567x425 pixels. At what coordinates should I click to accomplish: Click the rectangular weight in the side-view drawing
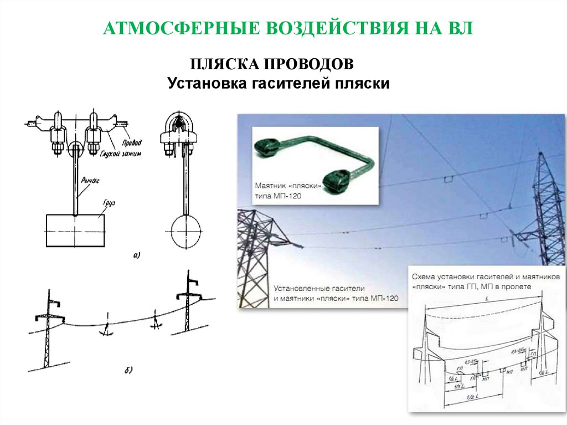(74, 231)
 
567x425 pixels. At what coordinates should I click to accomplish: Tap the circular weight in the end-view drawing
(187, 232)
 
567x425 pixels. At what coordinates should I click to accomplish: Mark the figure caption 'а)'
(137, 255)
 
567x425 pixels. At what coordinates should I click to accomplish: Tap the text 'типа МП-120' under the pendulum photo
(281, 196)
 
